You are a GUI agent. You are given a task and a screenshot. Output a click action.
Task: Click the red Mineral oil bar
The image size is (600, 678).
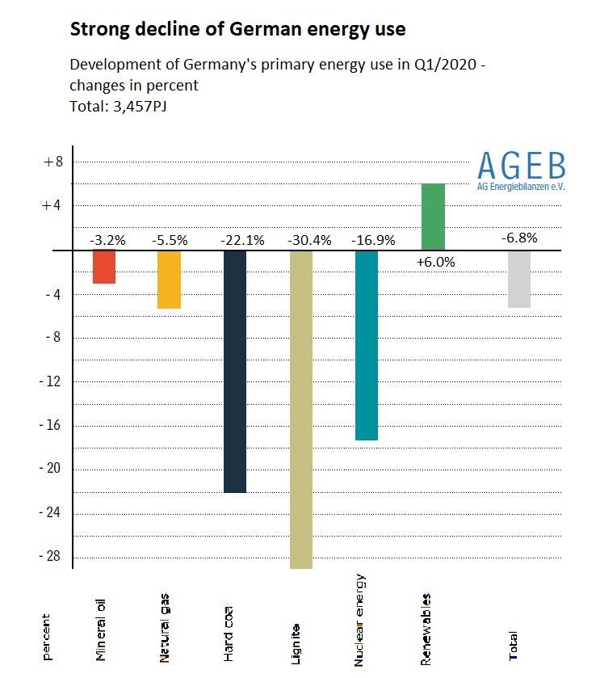tap(104, 267)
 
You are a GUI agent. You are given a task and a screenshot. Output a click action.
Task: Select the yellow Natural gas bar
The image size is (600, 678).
tap(169, 280)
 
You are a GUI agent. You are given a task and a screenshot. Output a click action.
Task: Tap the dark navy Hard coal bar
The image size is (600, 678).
tap(235, 371)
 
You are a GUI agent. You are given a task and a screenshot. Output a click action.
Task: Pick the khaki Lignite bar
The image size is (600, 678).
tap(300, 409)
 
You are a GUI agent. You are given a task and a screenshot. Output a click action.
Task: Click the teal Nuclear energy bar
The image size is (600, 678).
tap(367, 345)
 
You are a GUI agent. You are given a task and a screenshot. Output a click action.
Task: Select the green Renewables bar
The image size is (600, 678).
tap(434, 217)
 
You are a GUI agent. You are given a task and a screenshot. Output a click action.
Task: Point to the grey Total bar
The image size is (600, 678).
tap(519, 279)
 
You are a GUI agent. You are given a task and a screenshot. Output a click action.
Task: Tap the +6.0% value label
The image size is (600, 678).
tap(436, 262)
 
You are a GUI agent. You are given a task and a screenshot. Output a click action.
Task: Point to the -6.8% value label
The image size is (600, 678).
tap(518, 238)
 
